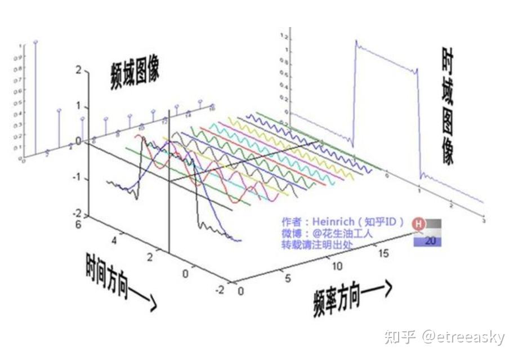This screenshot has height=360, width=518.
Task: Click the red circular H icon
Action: point(418,224)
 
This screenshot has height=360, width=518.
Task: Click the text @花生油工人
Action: point(343,233)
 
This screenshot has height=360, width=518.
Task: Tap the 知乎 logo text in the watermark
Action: point(400,337)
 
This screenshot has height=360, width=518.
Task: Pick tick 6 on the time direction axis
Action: point(79,224)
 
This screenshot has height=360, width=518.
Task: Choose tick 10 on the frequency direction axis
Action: point(337,265)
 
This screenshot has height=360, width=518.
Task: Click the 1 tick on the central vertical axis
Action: point(78,107)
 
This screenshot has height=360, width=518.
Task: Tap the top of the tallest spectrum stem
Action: point(36,42)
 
